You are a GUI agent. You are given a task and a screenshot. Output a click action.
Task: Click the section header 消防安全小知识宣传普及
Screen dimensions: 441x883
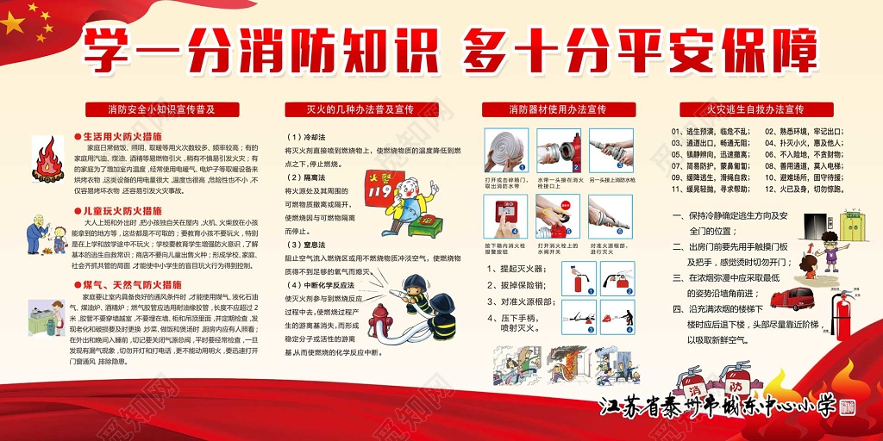tap(161, 109)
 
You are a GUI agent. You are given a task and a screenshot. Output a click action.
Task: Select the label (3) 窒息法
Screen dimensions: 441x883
tap(306, 245)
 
